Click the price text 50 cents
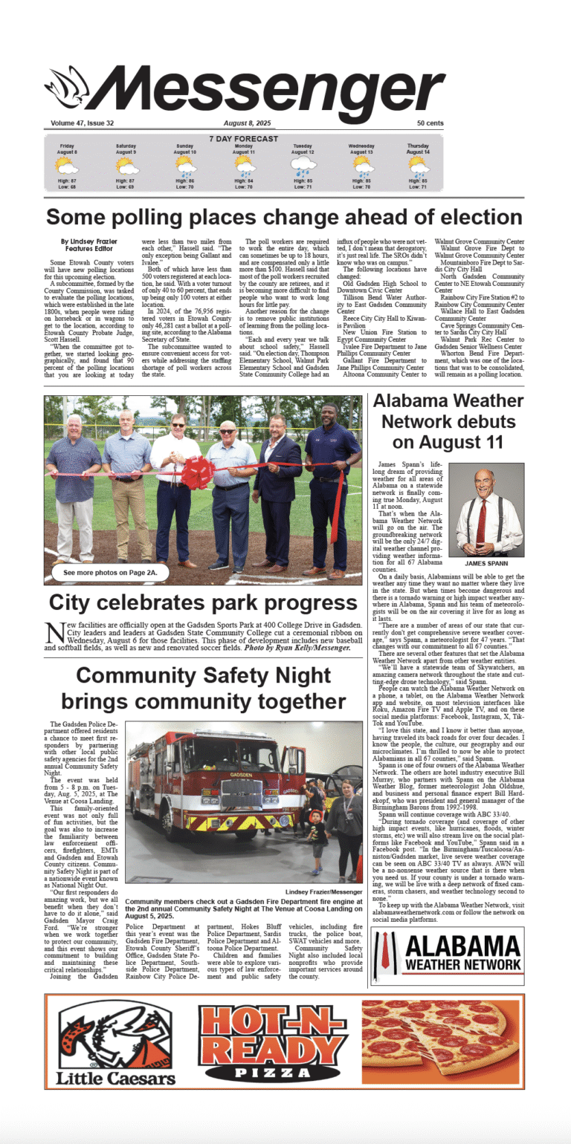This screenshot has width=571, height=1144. [x=430, y=123]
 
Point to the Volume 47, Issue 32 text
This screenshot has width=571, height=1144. [x=83, y=123]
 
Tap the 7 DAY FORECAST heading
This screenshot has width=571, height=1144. [x=243, y=139]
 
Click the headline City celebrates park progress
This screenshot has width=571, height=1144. [x=203, y=602]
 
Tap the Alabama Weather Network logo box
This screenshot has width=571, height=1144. [x=448, y=955]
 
